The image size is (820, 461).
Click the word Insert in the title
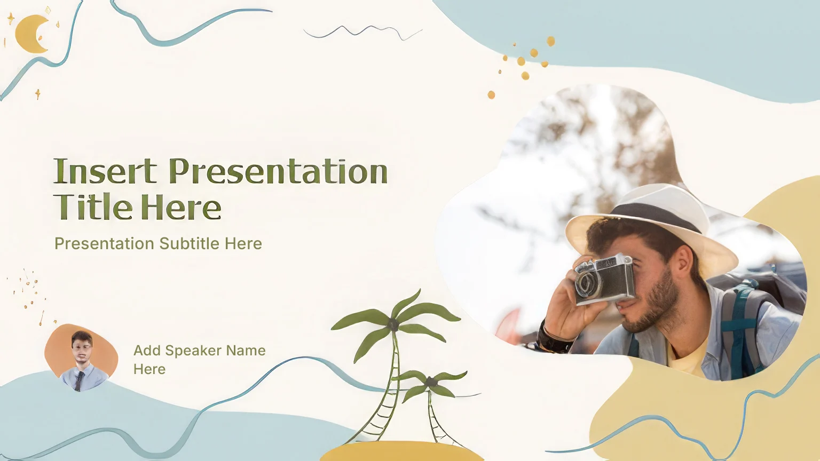[105, 171]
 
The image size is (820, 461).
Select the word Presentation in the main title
[278, 171]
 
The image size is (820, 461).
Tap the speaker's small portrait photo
[81, 357]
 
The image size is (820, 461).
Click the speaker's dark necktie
[79, 380]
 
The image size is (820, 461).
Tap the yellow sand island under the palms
[401, 452]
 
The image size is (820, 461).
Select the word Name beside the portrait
[246, 351]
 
